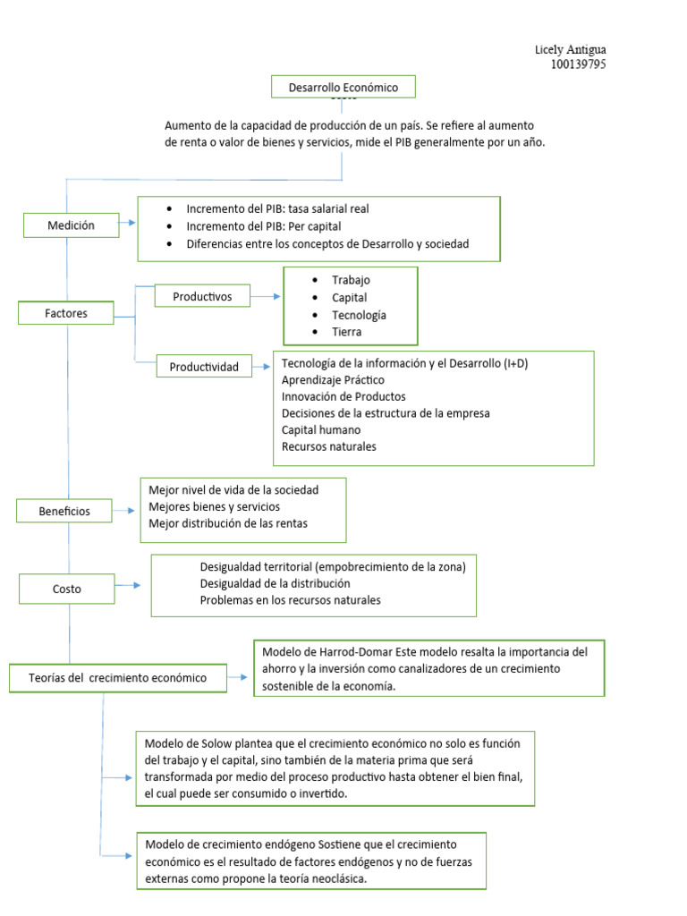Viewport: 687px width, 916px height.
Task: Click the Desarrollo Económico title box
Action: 343,87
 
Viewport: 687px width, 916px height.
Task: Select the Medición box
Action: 72,225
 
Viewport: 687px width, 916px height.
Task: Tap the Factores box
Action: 66,313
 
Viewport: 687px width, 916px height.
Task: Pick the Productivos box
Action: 202,295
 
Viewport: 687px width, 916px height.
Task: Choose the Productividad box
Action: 205,367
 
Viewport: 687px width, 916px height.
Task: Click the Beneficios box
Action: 64,511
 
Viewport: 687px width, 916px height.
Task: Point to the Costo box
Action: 66,589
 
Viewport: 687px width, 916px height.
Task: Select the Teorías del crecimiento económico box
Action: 116,677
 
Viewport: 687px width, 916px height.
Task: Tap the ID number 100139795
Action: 578,64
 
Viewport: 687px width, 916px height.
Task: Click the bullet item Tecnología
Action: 359,315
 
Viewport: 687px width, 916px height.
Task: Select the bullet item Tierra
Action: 347,332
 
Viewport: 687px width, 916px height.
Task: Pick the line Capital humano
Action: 321,429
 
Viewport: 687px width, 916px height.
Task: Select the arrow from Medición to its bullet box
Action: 129,224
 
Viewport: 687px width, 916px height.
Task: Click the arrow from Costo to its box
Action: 129,585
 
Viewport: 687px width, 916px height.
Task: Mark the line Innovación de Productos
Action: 343,395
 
